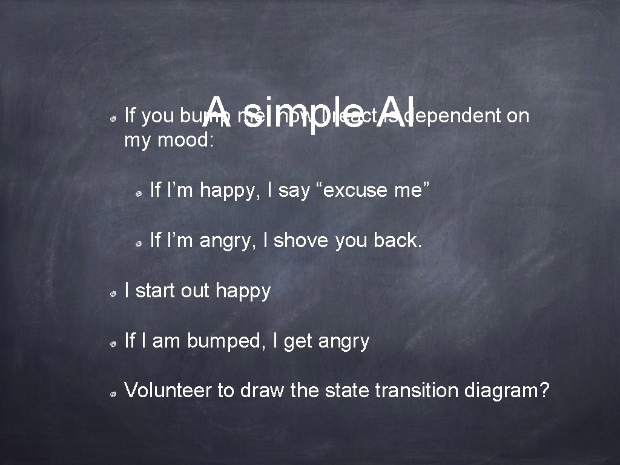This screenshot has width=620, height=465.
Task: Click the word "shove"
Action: coord(300,240)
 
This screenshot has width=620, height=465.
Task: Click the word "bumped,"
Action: coord(226,341)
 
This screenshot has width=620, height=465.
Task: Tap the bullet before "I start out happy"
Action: coord(113,294)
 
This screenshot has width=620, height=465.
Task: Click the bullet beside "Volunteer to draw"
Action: coord(113,394)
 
